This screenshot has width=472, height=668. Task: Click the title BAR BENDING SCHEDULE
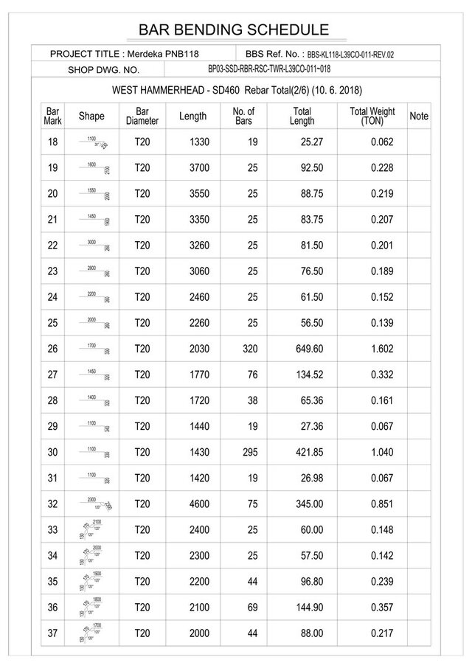tap(234, 29)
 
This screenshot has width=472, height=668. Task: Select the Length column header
tap(192, 116)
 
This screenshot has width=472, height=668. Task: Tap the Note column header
tap(418, 116)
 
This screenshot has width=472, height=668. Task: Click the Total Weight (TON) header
tap(372, 116)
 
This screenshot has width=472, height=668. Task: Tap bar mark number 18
tap(52, 142)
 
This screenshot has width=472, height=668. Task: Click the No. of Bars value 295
tap(249, 453)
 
